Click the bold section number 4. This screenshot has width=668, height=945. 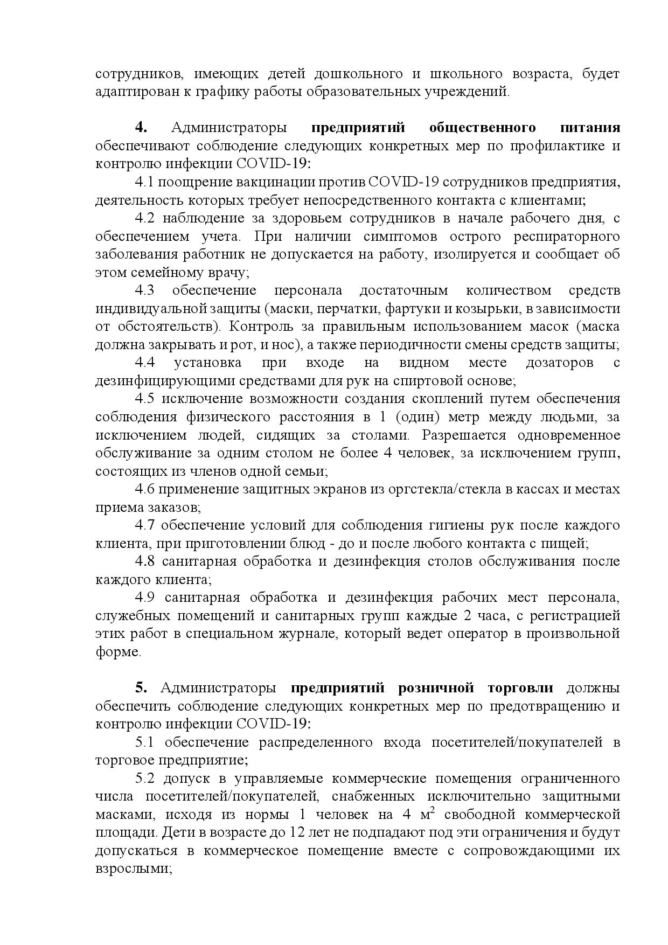(x=142, y=128)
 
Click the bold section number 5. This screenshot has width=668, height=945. (x=141, y=689)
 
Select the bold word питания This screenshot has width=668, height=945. (x=590, y=128)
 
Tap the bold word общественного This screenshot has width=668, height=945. (x=482, y=128)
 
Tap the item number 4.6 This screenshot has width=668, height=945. (x=145, y=490)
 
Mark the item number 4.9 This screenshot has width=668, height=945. (x=145, y=598)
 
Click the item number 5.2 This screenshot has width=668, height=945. (x=145, y=779)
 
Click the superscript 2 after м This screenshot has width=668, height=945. (x=432, y=811)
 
